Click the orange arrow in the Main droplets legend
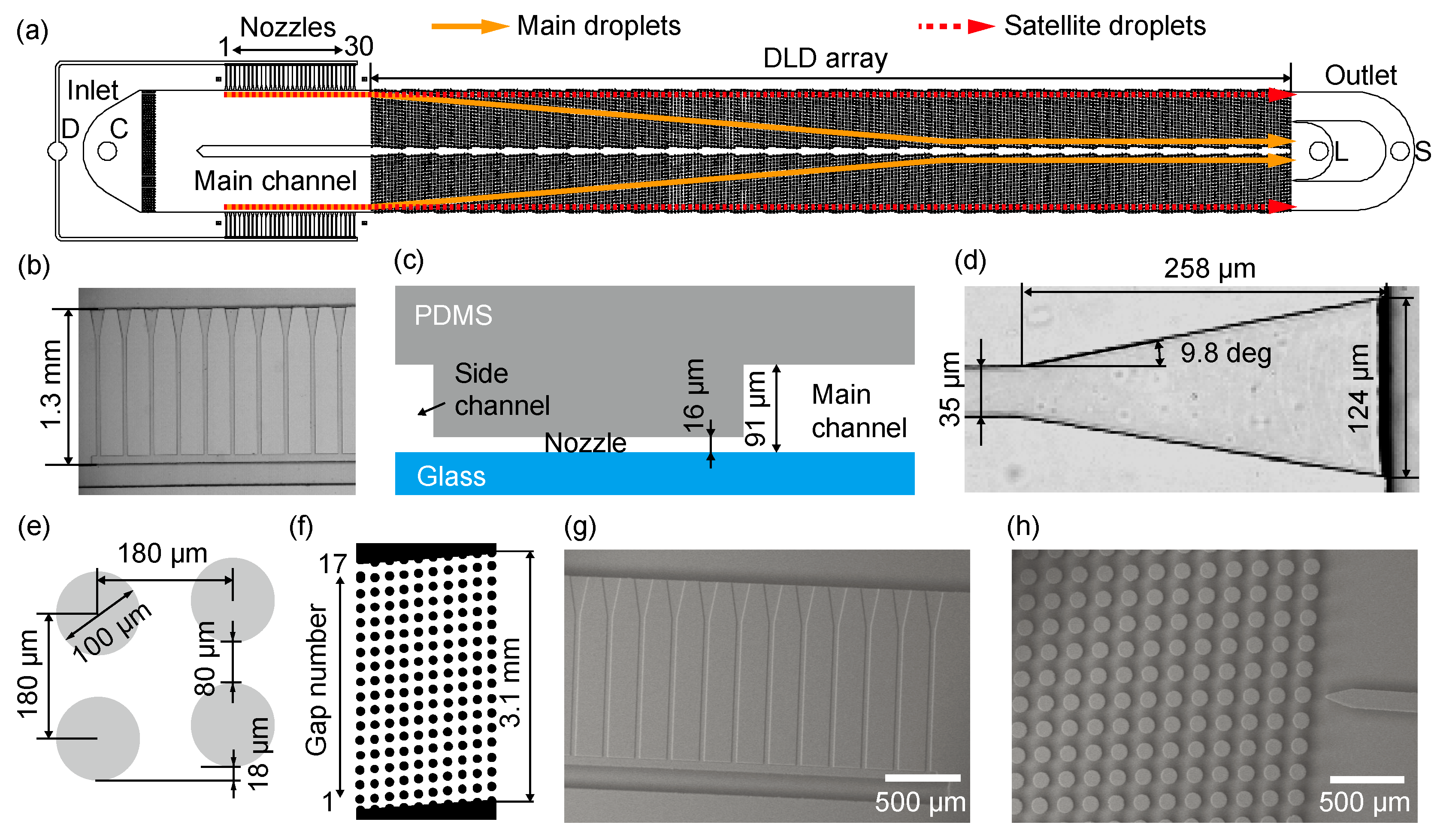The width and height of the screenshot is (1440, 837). pyautogui.click(x=469, y=26)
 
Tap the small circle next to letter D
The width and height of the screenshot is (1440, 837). pyautogui.click(x=57, y=151)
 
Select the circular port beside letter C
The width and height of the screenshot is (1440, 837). pyautogui.click(x=107, y=151)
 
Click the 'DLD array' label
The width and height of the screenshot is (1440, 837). pyautogui.click(x=825, y=58)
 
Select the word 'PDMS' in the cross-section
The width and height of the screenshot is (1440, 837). pyautogui.click(x=453, y=315)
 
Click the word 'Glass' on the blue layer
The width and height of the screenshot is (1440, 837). pyautogui.click(x=451, y=476)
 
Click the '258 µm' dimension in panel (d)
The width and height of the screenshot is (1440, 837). pyautogui.click(x=1209, y=269)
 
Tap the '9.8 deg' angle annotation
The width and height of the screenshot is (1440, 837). pyautogui.click(x=1226, y=353)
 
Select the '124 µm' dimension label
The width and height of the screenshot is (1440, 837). pyautogui.click(x=1358, y=389)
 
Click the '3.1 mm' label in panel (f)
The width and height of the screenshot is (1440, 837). pyautogui.click(x=510, y=683)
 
